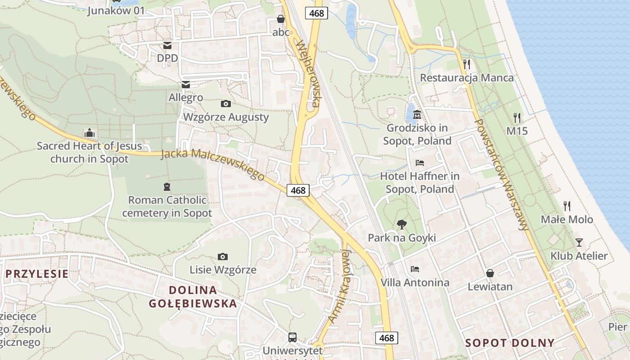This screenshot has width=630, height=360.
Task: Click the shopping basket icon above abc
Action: point(281,19)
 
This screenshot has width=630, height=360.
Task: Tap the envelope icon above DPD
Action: point(167,45)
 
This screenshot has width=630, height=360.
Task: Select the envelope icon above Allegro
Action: point(185,85)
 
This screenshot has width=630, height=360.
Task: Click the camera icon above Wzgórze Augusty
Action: point(226,104)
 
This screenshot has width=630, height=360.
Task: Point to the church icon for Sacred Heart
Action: point(90,133)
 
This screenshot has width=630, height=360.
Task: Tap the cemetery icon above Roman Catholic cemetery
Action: point(167,186)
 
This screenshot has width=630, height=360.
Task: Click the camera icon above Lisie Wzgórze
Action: point(222,257)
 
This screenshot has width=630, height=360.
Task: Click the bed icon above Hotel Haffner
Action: point(420,162)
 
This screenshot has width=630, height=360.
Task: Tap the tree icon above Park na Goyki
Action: point(401,224)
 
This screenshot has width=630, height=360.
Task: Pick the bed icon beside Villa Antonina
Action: point(415,269)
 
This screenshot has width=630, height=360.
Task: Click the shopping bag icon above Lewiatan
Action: point(490,273)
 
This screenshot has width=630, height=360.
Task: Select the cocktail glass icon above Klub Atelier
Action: point(579,243)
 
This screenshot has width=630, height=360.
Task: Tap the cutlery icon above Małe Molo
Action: point(567,206)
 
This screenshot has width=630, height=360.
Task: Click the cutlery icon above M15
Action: point(517,118)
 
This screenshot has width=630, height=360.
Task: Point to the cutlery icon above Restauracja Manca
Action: point(467,64)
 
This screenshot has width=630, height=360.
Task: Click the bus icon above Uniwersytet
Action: point(292,337)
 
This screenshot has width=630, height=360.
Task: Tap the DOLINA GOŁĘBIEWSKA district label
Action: point(193,297)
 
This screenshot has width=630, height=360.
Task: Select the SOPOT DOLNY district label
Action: point(510,343)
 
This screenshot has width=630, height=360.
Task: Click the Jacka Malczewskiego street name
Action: point(212,165)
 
